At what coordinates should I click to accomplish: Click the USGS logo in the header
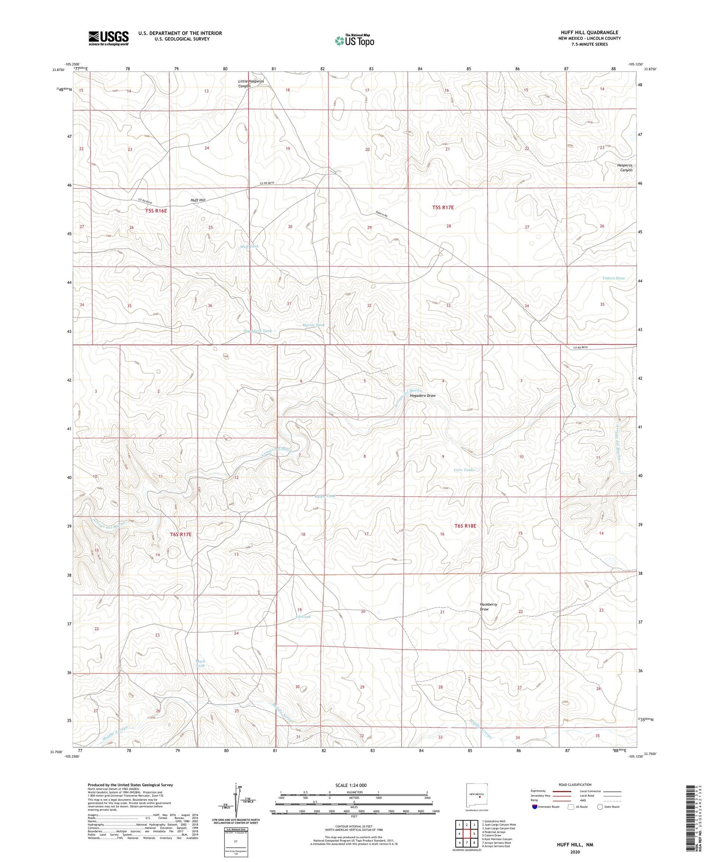pos(108,38)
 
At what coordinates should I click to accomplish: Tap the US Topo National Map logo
pos(355,40)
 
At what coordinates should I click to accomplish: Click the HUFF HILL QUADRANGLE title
pos(589,32)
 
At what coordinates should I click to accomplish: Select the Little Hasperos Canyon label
pos(251,84)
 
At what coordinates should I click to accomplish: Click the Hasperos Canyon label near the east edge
pos(625,167)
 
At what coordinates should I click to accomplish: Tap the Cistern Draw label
pos(614,278)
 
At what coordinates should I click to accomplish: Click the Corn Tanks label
pos(464,470)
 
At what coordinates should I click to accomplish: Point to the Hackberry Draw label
pos(488,607)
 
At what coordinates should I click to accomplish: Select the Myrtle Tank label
pos(313,325)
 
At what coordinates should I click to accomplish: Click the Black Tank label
pos(200,663)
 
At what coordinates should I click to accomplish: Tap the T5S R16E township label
pos(156,210)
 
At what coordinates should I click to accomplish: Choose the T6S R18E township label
pos(465,526)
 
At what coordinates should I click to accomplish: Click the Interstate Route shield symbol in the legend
pos(535,806)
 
